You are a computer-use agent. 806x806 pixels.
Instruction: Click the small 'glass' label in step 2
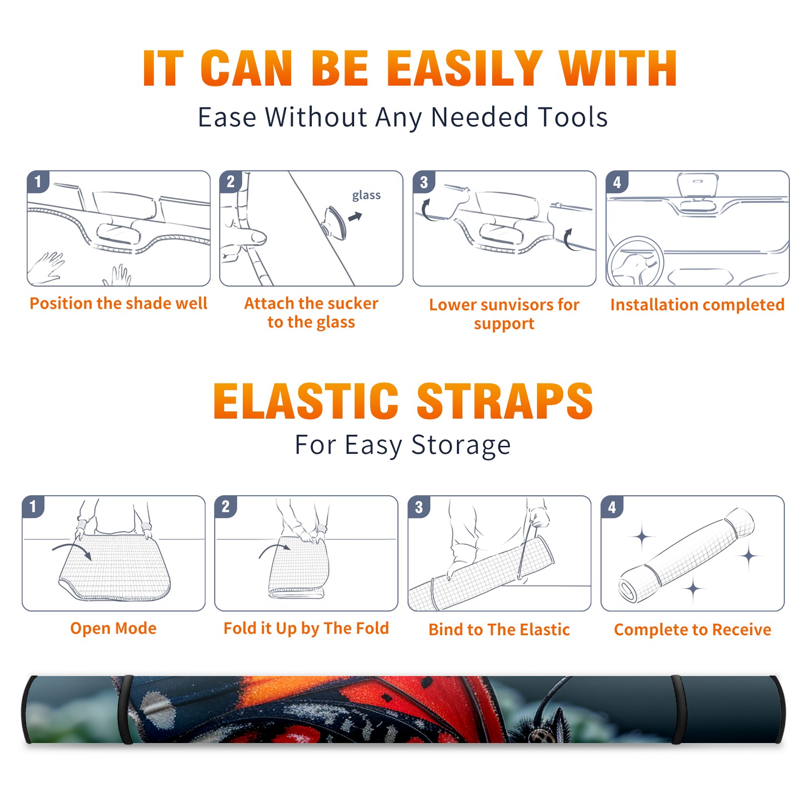click(x=366, y=195)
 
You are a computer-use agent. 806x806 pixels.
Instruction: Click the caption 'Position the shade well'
click(x=118, y=303)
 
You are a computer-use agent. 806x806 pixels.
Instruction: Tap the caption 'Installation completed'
click(x=697, y=305)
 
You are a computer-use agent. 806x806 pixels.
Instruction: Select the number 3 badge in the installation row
click(x=424, y=182)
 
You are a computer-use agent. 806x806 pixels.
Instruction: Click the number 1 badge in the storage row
click(x=33, y=506)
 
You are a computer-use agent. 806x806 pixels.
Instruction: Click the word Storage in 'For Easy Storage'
click(x=461, y=445)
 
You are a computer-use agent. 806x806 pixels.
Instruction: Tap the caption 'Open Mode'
click(x=113, y=629)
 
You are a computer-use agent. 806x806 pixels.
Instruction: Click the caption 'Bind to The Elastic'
click(x=499, y=630)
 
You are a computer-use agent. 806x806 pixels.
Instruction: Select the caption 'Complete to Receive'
click(x=692, y=630)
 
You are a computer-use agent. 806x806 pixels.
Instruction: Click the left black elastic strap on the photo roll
click(x=126, y=709)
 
